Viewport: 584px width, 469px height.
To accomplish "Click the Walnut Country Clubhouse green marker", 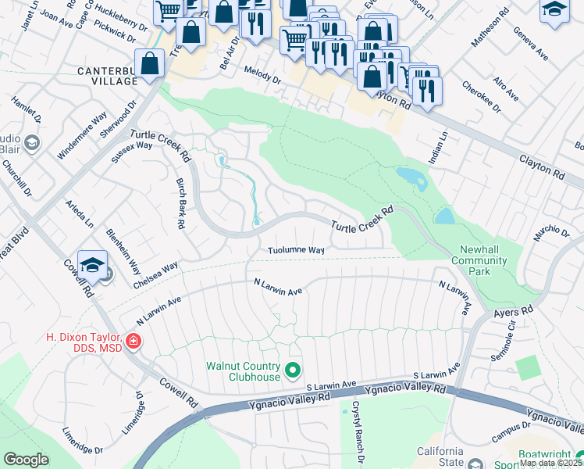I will click(294, 370).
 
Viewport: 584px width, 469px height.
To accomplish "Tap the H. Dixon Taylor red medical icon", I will click(133, 341).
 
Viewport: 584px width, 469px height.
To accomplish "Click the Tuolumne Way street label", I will click(296, 250).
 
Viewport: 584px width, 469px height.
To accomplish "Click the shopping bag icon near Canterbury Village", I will click(149, 64).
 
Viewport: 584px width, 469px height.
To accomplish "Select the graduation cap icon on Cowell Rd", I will click(92, 264).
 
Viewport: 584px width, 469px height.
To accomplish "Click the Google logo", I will click(26, 459).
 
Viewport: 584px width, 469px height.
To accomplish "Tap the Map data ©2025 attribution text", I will click(550, 463).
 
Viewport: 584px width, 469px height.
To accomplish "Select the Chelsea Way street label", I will click(155, 270).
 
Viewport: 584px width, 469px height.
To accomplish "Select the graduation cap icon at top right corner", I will click(554, 11).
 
